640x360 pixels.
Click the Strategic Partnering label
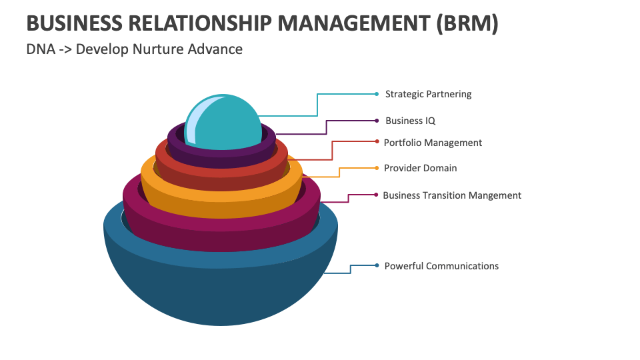[428, 94]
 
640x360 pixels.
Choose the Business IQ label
[410, 121]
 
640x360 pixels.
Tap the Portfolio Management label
[433, 143]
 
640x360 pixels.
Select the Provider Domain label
[420, 168]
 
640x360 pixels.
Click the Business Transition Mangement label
[452, 195]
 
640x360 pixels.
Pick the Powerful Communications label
[441, 266]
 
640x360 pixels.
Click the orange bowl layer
[220, 200]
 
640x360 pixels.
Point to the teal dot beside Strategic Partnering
[377, 94]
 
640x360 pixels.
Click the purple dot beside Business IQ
[377, 121]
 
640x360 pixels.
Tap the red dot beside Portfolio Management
[377, 142]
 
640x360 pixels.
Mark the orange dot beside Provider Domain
[377, 168]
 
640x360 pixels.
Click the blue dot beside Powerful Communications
[377, 265]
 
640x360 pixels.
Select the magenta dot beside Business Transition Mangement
[377, 195]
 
